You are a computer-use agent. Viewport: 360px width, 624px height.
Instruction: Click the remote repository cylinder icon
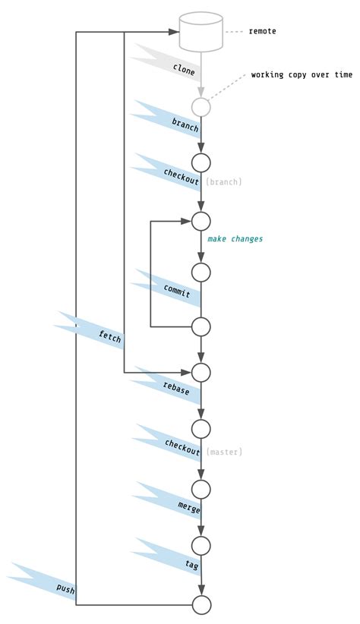(x=201, y=31)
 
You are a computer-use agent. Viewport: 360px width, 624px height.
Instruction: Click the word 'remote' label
(x=262, y=31)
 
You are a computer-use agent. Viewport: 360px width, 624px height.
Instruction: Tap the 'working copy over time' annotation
(x=302, y=75)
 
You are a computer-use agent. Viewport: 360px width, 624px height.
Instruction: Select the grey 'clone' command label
(x=184, y=70)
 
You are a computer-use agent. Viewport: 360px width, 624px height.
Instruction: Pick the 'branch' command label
(x=185, y=124)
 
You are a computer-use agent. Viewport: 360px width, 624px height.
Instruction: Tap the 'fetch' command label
(x=109, y=336)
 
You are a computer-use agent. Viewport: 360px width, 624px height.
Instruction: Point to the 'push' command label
(x=66, y=588)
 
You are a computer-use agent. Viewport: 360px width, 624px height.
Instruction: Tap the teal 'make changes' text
(x=235, y=239)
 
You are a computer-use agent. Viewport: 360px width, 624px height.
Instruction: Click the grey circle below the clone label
(x=201, y=107)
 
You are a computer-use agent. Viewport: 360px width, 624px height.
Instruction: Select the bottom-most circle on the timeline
(x=201, y=605)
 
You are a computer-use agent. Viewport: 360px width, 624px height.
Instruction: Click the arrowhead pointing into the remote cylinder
(x=173, y=32)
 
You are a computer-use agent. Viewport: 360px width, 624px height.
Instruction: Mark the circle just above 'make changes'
(x=201, y=222)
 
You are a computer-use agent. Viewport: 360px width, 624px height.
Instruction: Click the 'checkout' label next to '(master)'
(x=182, y=448)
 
